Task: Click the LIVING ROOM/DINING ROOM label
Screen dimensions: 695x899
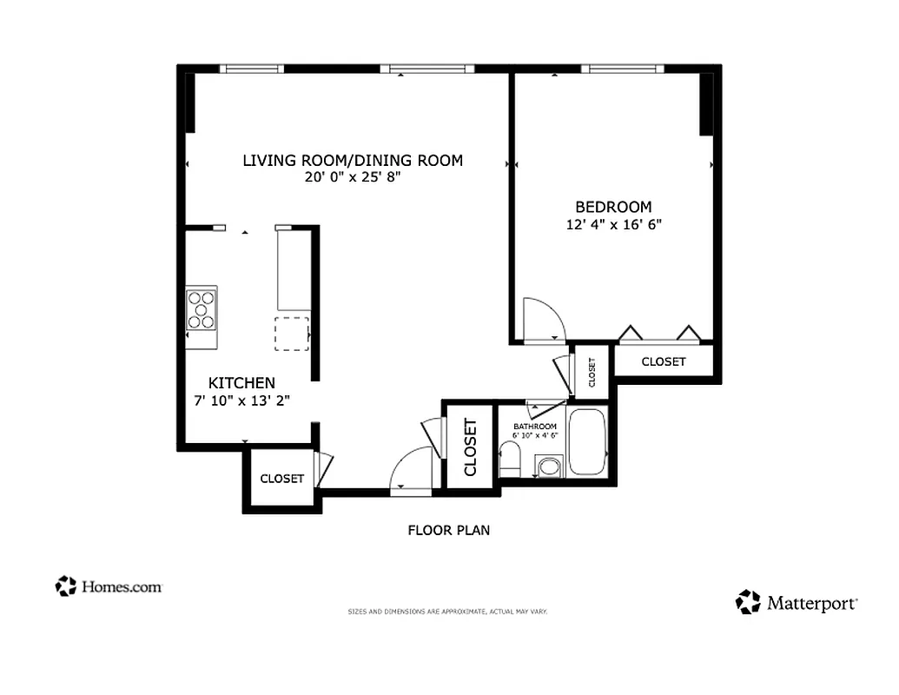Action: pos(352,160)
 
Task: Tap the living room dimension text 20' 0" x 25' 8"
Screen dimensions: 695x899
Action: pos(352,177)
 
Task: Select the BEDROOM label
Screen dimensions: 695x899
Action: pos(613,207)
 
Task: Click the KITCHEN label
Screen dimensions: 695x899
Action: pos(241,383)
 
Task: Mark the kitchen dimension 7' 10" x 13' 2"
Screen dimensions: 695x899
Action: pos(241,400)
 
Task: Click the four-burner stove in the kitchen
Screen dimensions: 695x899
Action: pos(202,309)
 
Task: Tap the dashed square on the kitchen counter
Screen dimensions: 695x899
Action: pos(292,334)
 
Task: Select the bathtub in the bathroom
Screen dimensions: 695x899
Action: pos(589,441)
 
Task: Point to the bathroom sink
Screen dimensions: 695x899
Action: pos(549,467)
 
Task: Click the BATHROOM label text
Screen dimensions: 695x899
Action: pos(534,427)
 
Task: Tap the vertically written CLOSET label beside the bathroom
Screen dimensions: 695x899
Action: pos(471,447)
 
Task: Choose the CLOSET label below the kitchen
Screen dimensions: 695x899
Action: pos(281,479)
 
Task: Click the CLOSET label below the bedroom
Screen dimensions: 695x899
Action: pos(663,361)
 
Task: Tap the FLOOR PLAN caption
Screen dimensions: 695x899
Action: pos(448,530)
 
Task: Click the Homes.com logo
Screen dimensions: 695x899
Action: pos(109,586)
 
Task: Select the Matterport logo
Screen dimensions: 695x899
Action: pos(797,602)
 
